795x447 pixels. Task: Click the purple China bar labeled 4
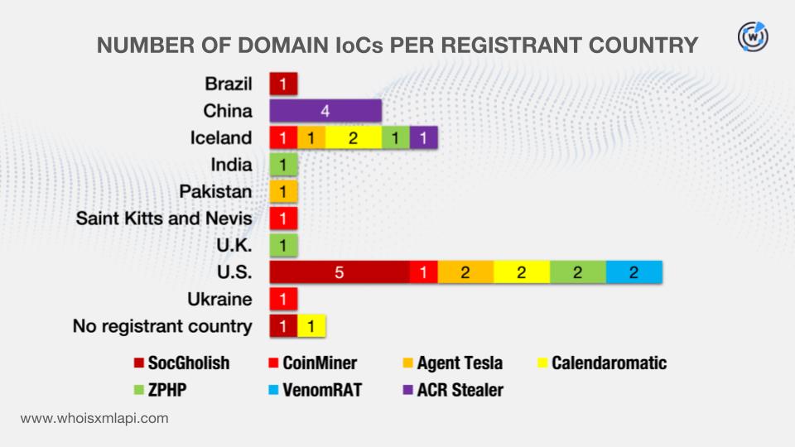pyautogui.click(x=325, y=110)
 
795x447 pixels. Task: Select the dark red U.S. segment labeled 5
pyautogui.click(x=340, y=273)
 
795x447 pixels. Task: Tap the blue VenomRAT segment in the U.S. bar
pyautogui.click(x=634, y=273)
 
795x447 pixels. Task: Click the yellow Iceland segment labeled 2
pyautogui.click(x=353, y=137)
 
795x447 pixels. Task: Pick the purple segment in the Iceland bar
pyautogui.click(x=423, y=137)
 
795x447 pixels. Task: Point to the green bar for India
pyautogui.click(x=283, y=165)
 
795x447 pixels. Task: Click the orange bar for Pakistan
pyautogui.click(x=283, y=192)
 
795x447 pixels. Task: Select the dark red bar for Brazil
pyautogui.click(x=283, y=84)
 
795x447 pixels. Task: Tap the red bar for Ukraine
pyautogui.click(x=283, y=300)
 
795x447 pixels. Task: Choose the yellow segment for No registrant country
pyautogui.click(x=311, y=326)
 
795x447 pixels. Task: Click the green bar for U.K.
pyautogui.click(x=283, y=246)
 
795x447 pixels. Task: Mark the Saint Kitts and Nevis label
pyautogui.click(x=164, y=219)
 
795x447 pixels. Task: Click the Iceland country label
pyautogui.click(x=220, y=137)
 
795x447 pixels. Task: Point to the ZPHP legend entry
pyautogui.click(x=162, y=389)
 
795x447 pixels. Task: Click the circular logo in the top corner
pyautogui.click(x=752, y=36)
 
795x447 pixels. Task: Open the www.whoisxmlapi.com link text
pyautogui.click(x=94, y=418)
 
